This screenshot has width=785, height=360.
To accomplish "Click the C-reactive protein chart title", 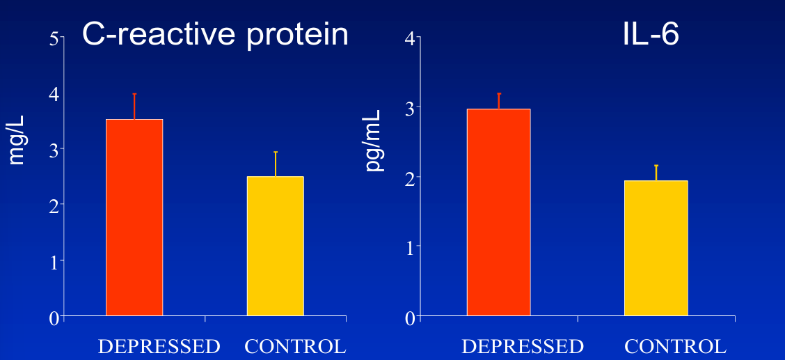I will pos(215,34).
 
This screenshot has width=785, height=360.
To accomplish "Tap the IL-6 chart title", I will pos(650,34).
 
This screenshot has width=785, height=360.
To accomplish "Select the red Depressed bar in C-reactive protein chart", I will pos(134,217).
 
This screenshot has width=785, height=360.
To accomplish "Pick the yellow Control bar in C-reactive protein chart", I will pos(275,246).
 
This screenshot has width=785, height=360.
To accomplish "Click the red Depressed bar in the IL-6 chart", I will pos(498,212).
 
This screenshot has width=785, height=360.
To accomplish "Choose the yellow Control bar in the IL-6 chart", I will pos(656,248).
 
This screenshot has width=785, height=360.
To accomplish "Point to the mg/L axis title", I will pos(17,140).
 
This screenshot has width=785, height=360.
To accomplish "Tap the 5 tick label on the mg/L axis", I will pos(54,39).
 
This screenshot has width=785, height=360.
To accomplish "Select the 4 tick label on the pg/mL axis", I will pos(410,38).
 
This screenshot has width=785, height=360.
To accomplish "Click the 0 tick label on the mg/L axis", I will pos(54,318).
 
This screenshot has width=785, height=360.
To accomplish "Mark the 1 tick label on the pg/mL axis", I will pos(410,247).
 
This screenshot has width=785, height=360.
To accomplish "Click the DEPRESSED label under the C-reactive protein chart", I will pos(159,346).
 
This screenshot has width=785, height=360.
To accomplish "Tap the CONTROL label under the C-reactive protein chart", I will pos(295,346).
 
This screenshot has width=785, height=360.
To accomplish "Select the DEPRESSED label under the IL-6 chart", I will pos(523,346).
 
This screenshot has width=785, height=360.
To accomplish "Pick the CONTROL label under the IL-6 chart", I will pos(675,346).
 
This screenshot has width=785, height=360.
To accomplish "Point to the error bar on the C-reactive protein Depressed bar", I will pos(134,107).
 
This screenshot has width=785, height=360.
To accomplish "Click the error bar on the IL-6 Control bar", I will pos(656,173).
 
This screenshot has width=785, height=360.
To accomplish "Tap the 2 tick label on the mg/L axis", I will pos(54,205).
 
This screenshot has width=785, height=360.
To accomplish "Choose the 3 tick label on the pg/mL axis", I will pos(410,108).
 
